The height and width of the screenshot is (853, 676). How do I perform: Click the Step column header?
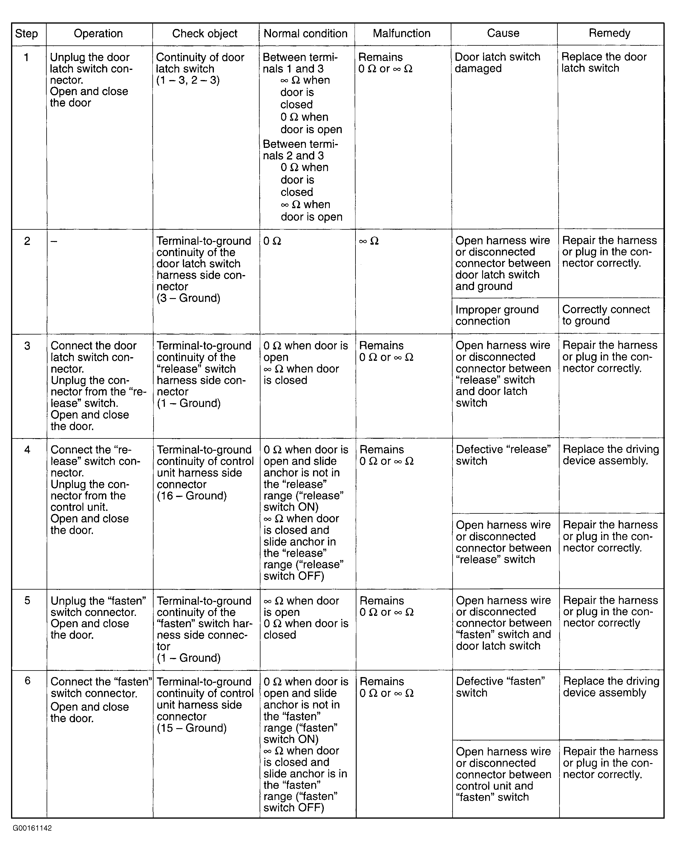pos(27,34)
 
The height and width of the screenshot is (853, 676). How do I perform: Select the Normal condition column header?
pos(305,34)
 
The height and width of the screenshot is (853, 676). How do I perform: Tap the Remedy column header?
pos(609,33)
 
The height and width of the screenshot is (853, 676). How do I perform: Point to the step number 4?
pos(27,450)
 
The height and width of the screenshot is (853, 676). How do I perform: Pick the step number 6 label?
pos(27,680)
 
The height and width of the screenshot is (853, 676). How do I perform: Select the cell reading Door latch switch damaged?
pos(497,62)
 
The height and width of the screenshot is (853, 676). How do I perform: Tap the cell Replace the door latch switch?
pos(604,62)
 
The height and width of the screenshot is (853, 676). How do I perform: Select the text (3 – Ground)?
pos(188,298)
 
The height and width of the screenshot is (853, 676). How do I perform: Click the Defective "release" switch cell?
pos(503,455)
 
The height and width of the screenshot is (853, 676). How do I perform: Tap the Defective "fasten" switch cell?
pos(500,687)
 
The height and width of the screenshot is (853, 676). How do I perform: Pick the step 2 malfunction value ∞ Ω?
pos(369,241)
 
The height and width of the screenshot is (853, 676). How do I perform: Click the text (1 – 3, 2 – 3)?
pos(188,80)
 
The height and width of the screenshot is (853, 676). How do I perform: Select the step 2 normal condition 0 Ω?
pos(272,241)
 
